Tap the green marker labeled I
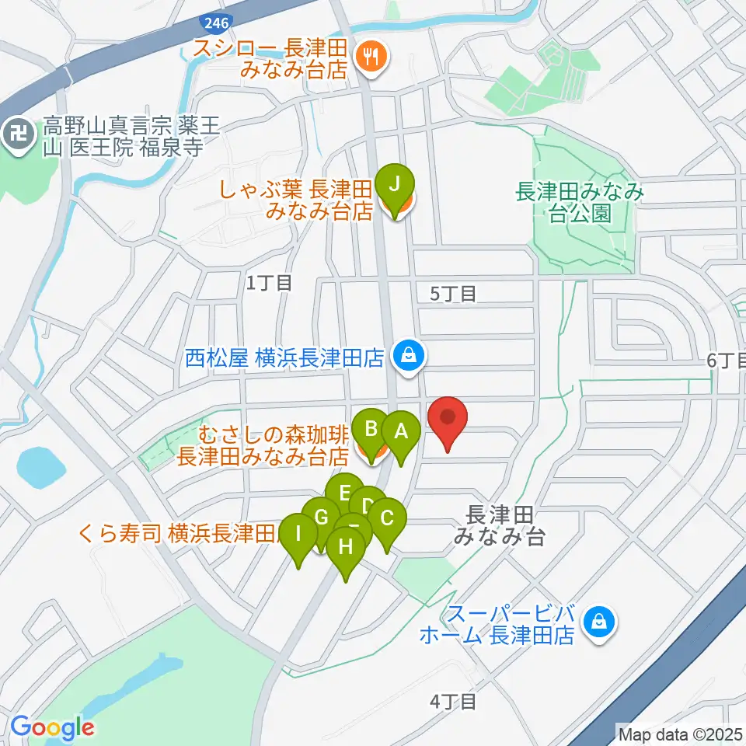click(x=298, y=535)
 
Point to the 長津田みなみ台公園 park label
click(x=580, y=202)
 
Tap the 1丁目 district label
click(x=269, y=284)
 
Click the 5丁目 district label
click(x=453, y=294)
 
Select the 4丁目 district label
click(x=453, y=702)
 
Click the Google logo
click(x=52, y=727)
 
